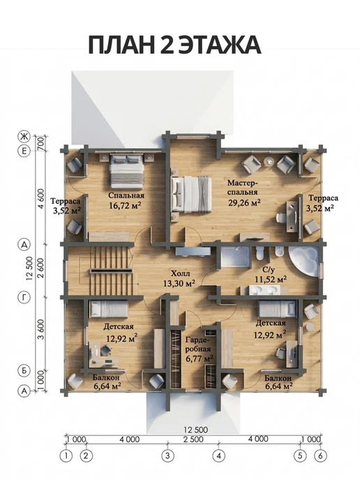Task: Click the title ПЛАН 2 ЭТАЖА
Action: click(x=174, y=45)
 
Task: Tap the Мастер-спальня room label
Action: click(x=243, y=188)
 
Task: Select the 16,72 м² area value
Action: click(x=125, y=205)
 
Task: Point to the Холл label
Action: click(x=180, y=273)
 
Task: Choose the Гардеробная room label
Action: click(x=197, y=344)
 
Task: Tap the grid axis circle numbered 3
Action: click(x=167, y=456)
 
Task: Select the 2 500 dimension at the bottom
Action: click(x=193, y=439)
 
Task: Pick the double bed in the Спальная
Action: click(x=126, y=171)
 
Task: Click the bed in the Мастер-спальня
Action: click(x=192, y=195)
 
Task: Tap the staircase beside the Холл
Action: click(x=111, y=271)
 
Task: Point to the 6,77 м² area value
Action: click(x=200, y=358)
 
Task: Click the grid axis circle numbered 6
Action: click(x=320, y=456)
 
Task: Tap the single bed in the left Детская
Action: click(x=108, y=309)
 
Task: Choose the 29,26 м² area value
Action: click(x=244, y=202)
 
